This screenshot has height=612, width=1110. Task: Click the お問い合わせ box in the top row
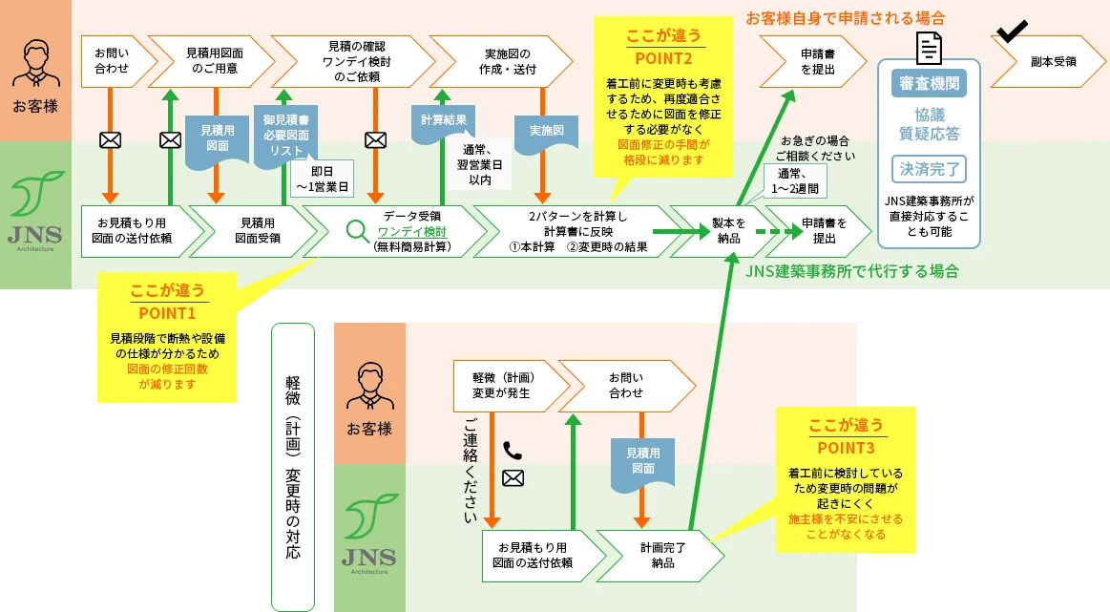click(113, 61)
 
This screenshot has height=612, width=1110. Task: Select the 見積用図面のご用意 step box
click(212, 61)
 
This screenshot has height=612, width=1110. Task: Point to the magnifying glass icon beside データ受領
click(357, 231)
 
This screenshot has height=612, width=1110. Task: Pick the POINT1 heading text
click(166, 312)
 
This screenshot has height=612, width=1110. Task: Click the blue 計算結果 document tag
click(443, 121)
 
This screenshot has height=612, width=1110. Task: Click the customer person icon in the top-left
click(34, 65)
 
